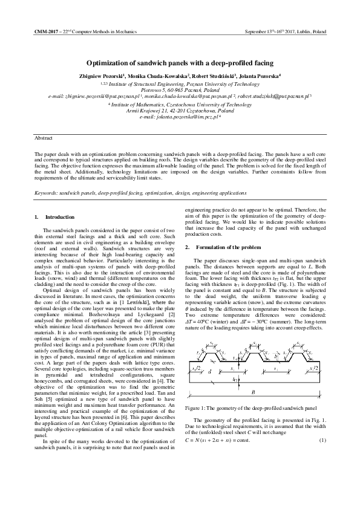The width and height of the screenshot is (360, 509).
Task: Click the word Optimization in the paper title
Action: point(111,62)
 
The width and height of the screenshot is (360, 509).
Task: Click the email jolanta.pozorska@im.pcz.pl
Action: point(178,116)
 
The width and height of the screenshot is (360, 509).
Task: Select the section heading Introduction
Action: point(60,217)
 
